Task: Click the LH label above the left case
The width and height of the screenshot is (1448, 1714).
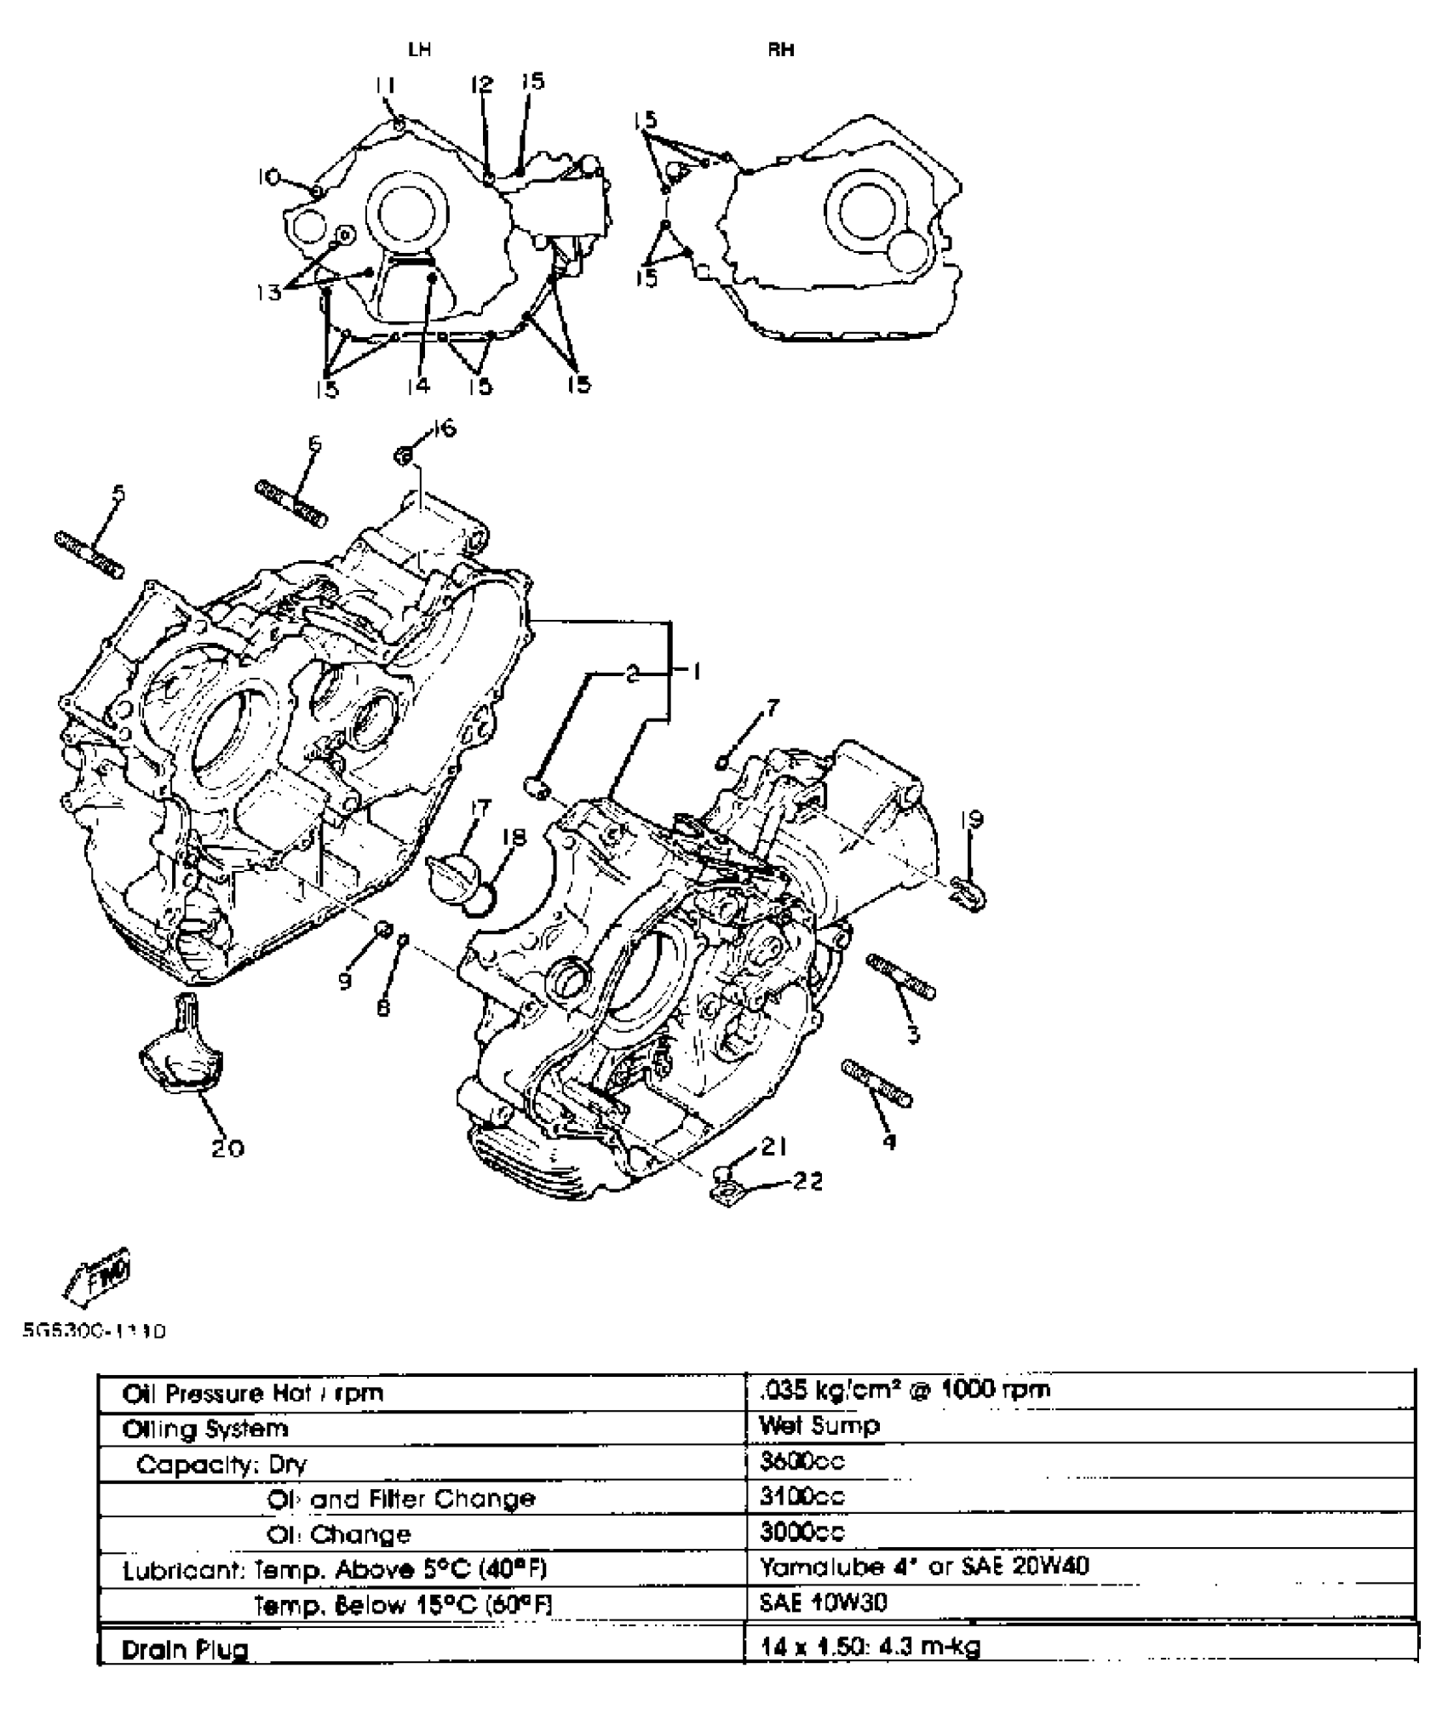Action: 419,49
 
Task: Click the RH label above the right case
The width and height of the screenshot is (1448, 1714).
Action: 781,49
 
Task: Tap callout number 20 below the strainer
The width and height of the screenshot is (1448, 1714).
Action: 228,1149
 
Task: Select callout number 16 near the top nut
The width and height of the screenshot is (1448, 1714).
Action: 444,427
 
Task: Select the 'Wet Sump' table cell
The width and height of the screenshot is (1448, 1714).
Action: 819,1425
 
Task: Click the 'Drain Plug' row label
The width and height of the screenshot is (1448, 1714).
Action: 185,1649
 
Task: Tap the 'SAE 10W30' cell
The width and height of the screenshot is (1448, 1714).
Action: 823,1602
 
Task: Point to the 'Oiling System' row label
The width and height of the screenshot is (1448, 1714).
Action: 205,1428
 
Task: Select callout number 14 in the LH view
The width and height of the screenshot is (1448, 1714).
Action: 417,386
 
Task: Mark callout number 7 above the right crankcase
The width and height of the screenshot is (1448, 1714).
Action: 772,708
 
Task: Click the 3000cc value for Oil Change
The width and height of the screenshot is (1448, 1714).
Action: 802,1532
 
